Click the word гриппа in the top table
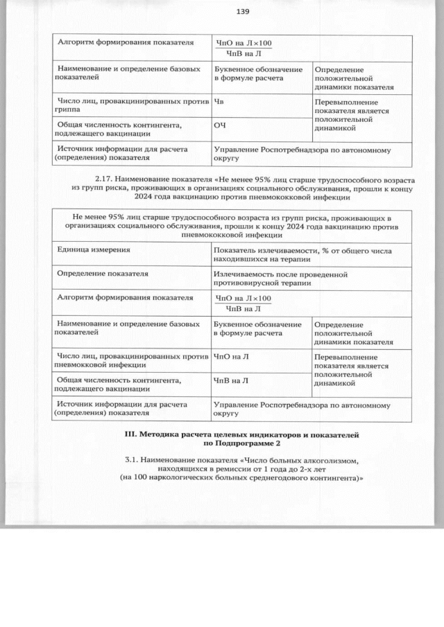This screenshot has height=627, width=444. (x=70, y=111)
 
